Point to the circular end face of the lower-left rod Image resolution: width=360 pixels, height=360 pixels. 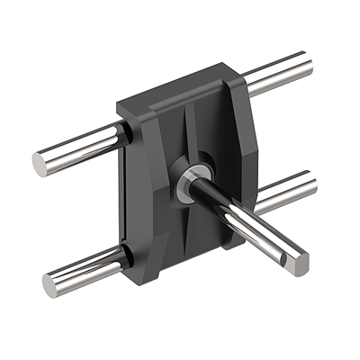click(51, 285)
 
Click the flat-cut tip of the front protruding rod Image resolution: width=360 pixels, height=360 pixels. click(297, 263)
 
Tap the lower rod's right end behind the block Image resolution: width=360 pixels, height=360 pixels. click(308, 186)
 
